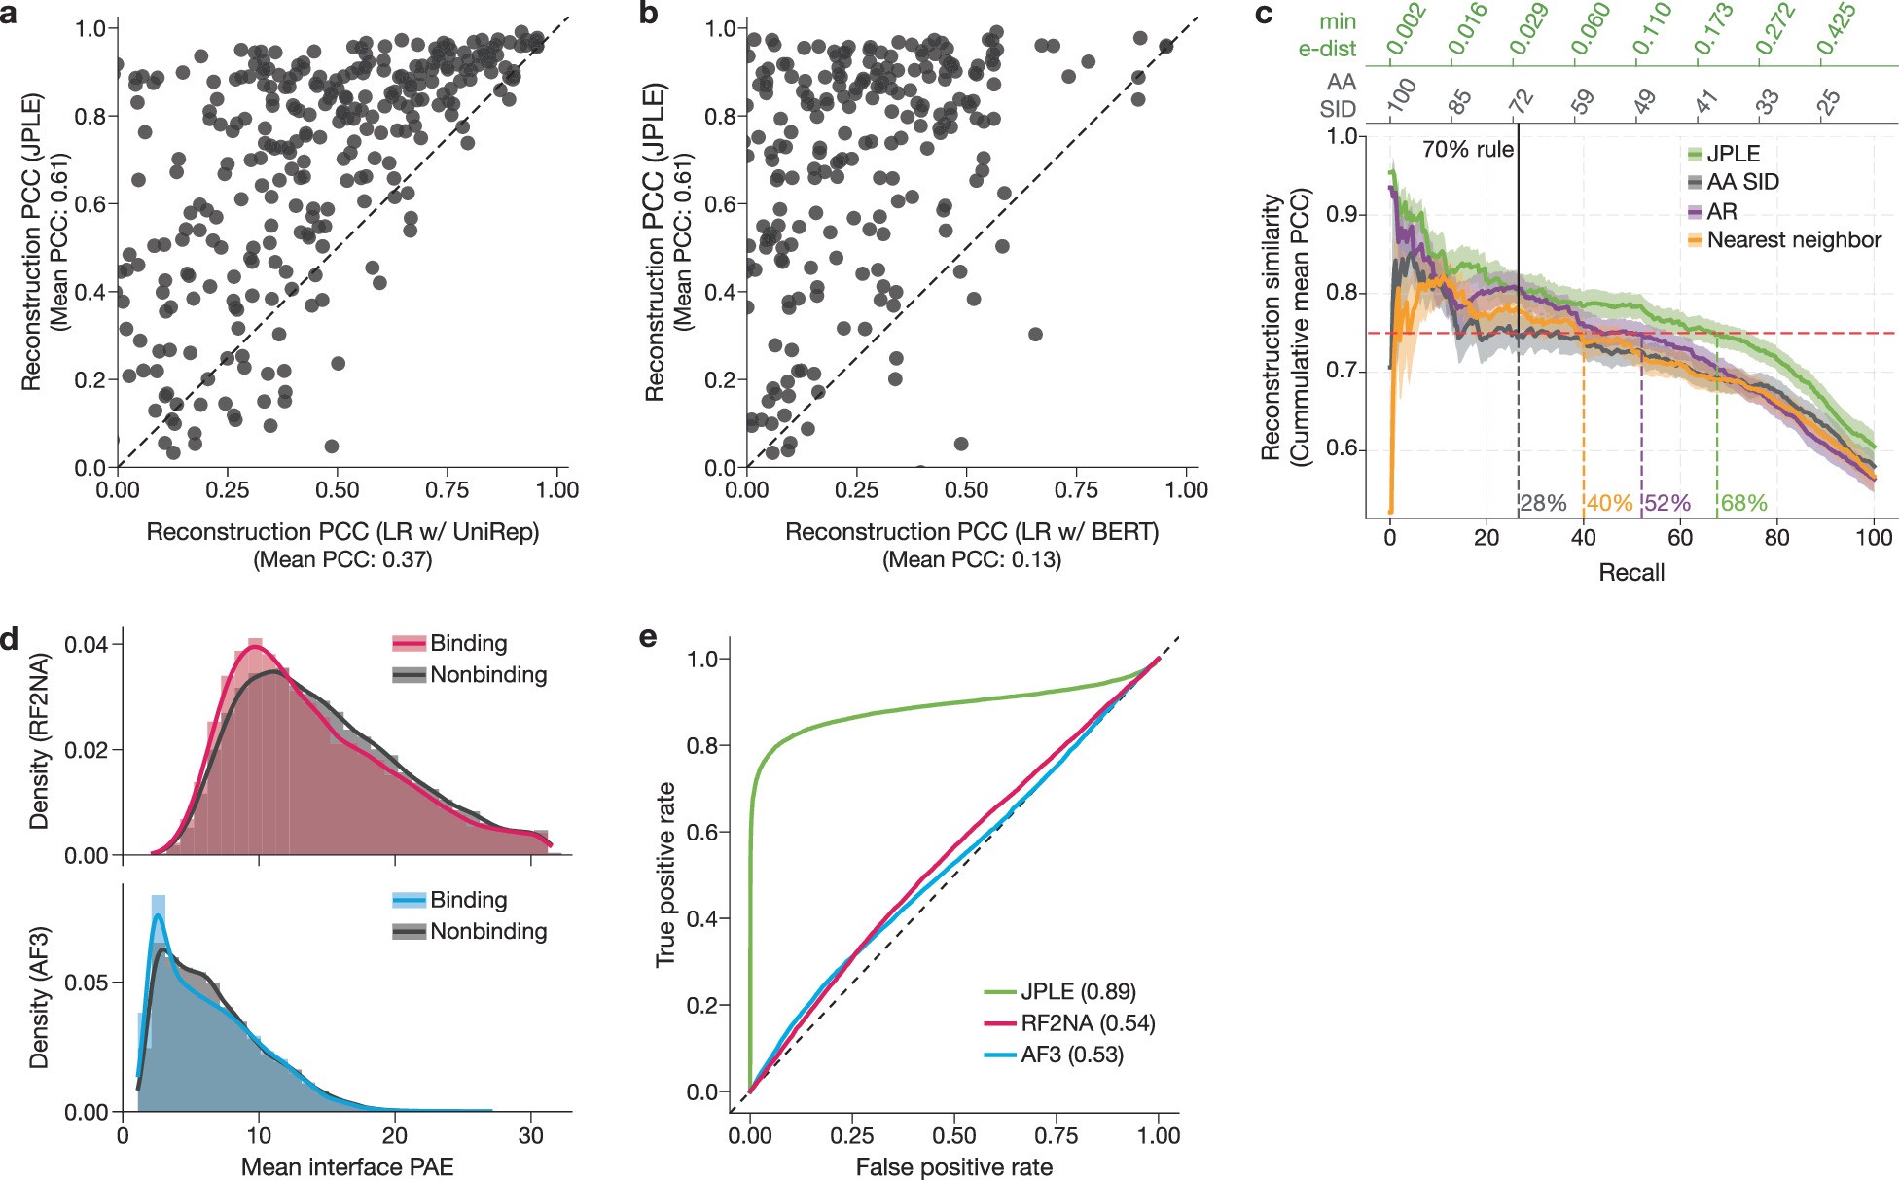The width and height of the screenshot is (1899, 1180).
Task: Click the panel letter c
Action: click(x=1265, y=17)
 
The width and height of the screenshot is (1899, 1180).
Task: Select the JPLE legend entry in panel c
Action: click(x=1733, y=154)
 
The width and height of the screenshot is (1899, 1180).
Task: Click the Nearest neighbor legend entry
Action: click(x=1793, y=240)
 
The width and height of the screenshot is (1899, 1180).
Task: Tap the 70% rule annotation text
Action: click(x=1467, y=150)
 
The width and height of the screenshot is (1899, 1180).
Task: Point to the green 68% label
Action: click(x=1743, y=504)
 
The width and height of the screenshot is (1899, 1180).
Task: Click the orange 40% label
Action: click(x=1609, y=504)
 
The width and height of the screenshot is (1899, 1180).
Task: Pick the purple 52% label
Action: click(x=1667, y=504)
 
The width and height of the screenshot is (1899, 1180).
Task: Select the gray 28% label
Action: click(x=1543, y=504)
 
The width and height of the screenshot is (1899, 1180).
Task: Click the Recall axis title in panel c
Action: click(x=1631, y=572)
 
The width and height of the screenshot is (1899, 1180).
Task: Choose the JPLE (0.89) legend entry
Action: click(x=1077, y=992)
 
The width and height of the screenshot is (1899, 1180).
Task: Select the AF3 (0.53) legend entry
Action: click(x=1071, y=1055)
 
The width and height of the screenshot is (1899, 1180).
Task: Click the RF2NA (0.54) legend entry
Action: click(x=1087, y=1023)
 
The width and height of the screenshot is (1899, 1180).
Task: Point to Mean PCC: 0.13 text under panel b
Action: click(x=972, y=559)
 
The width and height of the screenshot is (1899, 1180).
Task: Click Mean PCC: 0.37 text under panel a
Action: click(x=342, y=559)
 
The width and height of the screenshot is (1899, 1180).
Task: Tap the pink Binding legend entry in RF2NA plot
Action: click(x=468, y=643)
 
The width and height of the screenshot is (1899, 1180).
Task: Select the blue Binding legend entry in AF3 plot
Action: click(x=468, y=900)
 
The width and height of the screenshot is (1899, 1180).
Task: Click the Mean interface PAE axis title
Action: click(x=347, y=1166)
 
